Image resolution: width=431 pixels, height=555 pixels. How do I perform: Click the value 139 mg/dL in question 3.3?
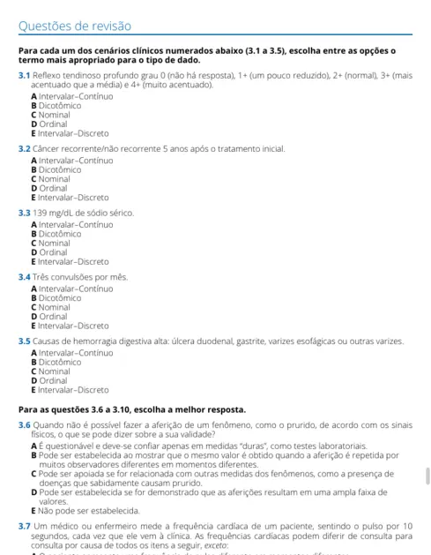[61, 213]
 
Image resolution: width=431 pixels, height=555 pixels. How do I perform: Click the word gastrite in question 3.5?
[249, 341]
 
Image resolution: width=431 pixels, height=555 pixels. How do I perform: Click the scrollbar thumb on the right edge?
[427, 476]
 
